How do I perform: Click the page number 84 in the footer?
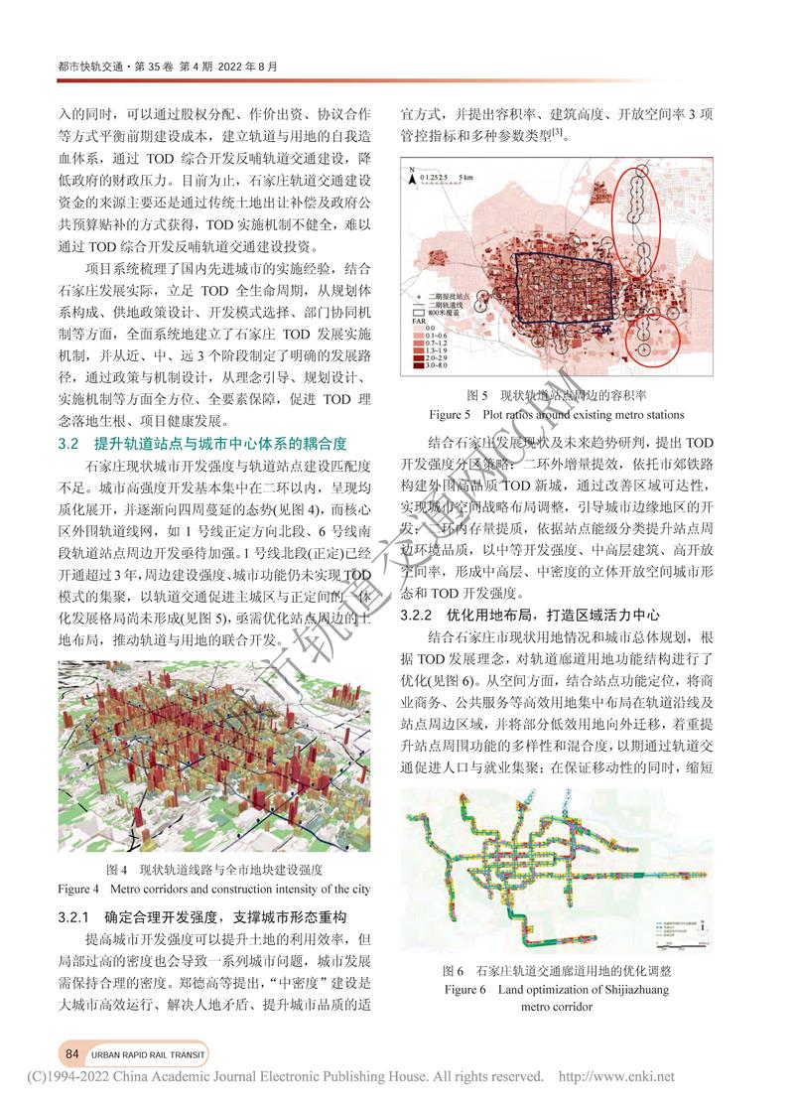point(71,1053)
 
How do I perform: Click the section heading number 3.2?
point(68,443)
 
